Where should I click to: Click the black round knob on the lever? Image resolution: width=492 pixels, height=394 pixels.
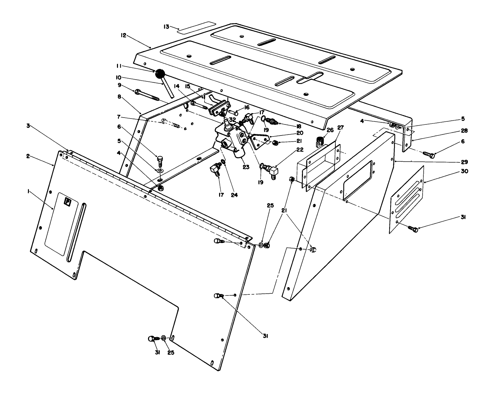[x=160, y=74]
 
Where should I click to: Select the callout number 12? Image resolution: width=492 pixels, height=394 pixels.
[x=124, y=35]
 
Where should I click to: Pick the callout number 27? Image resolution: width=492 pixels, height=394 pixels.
[x=341, y=128]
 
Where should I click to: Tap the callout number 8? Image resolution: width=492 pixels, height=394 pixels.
[x=119, y=98]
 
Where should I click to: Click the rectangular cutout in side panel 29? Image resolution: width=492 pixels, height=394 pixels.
[x=357, y=180]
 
